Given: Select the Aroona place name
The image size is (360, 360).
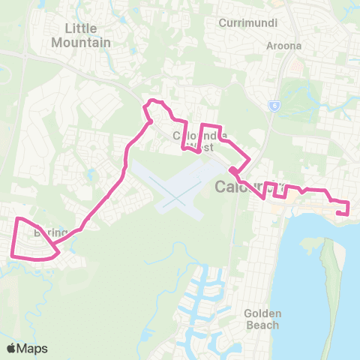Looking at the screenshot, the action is [283, 45].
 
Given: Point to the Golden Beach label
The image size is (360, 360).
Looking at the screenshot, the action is [262, 319].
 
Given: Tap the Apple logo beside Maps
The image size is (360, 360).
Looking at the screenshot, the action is [12, 348].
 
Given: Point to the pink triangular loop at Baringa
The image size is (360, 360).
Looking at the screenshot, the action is [34, 240].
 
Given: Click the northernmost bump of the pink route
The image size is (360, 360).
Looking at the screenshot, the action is [154, 100].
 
